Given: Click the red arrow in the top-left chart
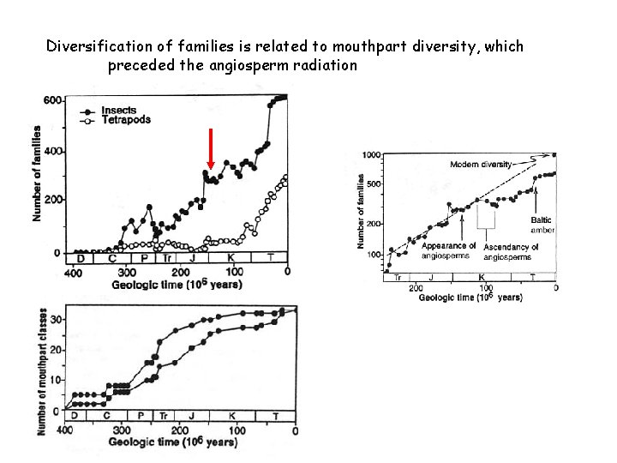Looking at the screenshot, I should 210,149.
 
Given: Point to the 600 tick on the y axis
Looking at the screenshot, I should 52,100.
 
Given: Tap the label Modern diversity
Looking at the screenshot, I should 481,163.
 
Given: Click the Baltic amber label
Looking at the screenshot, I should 542,225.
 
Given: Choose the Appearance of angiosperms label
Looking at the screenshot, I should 448,251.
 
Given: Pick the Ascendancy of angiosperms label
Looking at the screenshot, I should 511,251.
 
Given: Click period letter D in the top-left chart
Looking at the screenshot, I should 80,257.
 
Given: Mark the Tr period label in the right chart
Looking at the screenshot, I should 398,278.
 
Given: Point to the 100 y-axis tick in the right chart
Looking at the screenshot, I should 374,256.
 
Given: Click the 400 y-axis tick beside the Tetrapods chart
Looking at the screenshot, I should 52,152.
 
